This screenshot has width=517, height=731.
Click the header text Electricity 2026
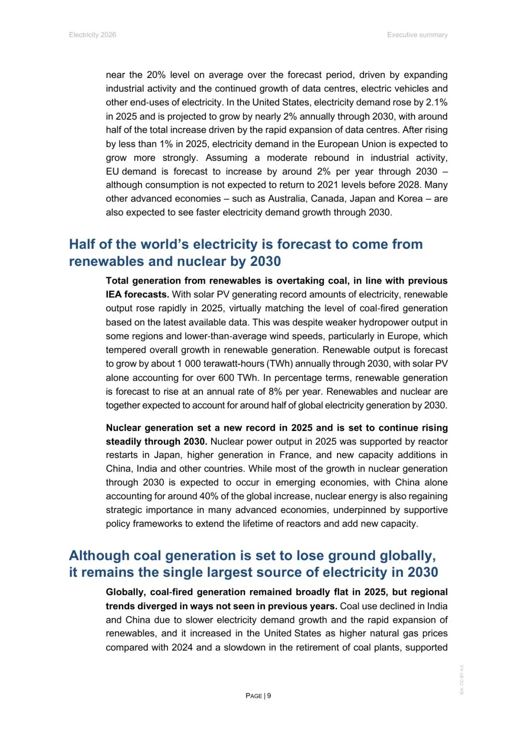92,35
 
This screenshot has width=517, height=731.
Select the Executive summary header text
417,35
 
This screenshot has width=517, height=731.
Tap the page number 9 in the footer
269,696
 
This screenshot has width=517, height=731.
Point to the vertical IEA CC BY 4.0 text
462,679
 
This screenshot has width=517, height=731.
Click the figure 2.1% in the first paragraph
437,103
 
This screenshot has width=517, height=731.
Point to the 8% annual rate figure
275,392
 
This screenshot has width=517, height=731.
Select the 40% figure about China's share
209,496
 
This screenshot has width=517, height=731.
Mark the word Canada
328,199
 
